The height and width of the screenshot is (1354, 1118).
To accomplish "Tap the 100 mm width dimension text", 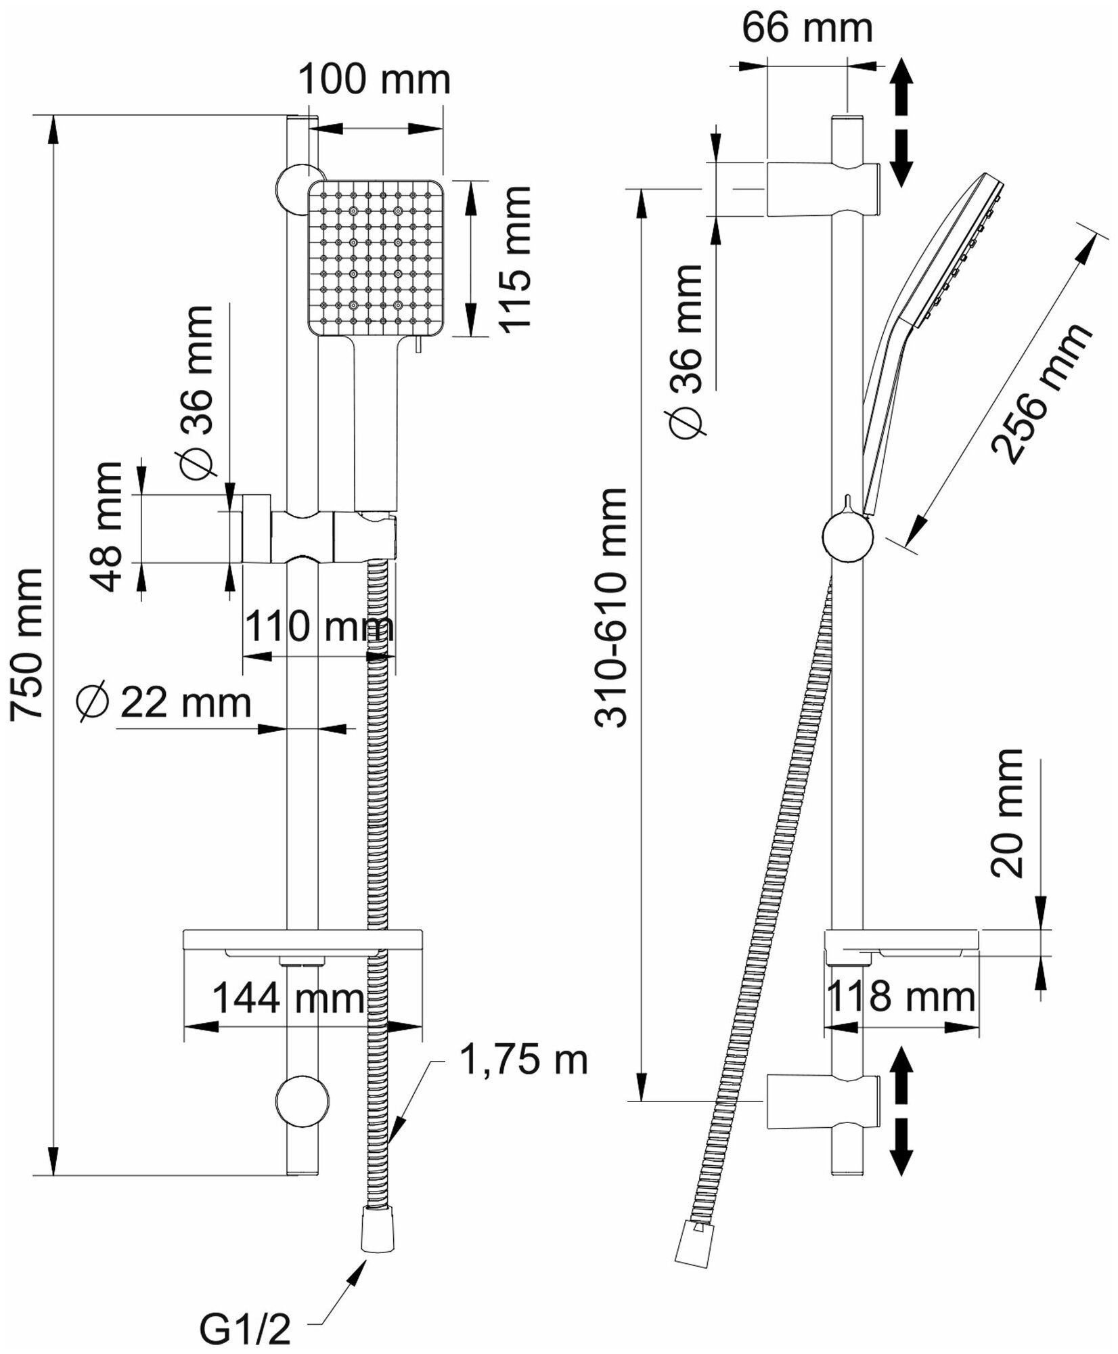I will tap(374, 80).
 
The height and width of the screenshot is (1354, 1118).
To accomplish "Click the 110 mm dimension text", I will tap(318, 627).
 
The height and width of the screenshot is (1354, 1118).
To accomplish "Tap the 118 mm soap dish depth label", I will tap(901, 997).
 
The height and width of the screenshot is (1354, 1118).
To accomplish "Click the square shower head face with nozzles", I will tap(375, 258).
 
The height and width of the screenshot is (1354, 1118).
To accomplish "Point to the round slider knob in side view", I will tap(848, 538).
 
